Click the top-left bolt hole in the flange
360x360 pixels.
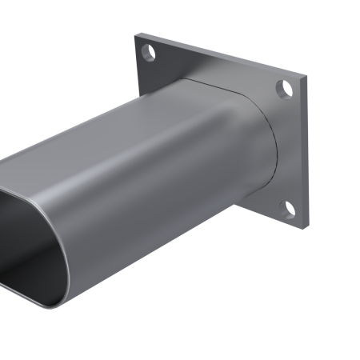pyautogui.click(x=148, y=54)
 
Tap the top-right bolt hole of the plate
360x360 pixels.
pyautogui.click(x=284, y=88)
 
